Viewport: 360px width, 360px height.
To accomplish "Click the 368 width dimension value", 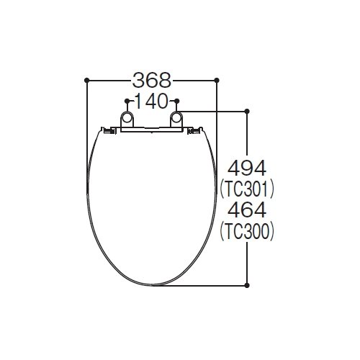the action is [152, 80].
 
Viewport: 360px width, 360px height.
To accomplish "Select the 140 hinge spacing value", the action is [152, 101].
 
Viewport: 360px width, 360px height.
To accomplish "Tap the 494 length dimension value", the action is [247, 168].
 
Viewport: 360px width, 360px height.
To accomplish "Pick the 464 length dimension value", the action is [247, 210].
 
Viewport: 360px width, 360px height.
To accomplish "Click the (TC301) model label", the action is [247, 189].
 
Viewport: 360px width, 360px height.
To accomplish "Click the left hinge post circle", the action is [127, 117].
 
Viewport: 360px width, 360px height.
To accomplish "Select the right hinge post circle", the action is [176, 117].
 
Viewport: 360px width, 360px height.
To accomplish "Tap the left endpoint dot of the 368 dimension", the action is [86, 80].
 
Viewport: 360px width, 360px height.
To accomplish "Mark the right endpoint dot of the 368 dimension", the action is [217, 80].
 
